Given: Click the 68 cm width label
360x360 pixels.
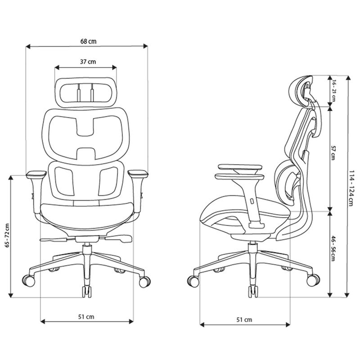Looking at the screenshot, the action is [x=88, y=41].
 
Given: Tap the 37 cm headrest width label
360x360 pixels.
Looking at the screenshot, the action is [x=88, y=62].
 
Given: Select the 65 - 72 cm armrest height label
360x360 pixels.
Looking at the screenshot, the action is [x=8, y=235].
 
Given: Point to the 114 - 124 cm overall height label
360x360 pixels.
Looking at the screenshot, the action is [x=351, y=188].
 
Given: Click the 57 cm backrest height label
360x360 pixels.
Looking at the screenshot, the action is [x=333, y=153].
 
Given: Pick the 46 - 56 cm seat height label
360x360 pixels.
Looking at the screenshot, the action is [x=333, y=248].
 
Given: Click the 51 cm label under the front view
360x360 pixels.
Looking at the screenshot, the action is [x=86, y=317].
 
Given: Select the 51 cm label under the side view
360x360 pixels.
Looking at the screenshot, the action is [x=244, y=319].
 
